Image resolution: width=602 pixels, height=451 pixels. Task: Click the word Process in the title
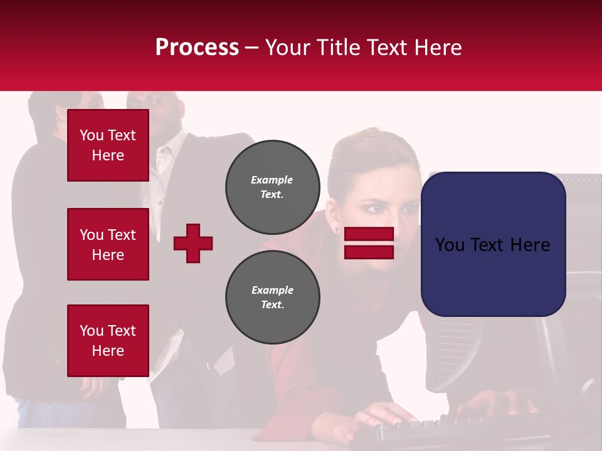[197, 47]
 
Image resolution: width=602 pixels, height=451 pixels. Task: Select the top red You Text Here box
[108, 145]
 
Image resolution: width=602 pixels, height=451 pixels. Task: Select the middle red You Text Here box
[108, 244]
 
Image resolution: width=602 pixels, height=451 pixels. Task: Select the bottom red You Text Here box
[108, 340]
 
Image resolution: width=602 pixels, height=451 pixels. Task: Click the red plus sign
[193, 243]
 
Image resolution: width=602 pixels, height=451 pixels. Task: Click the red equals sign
[369, 243]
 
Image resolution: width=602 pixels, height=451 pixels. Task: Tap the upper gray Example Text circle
[272, 187]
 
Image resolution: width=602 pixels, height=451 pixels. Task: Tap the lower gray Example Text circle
[272, 298]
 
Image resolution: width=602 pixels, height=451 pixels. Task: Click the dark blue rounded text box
[493, 244]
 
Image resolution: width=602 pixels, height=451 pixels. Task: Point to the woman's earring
[338, 231]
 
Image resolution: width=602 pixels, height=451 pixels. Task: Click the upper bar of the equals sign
[369, 234]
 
